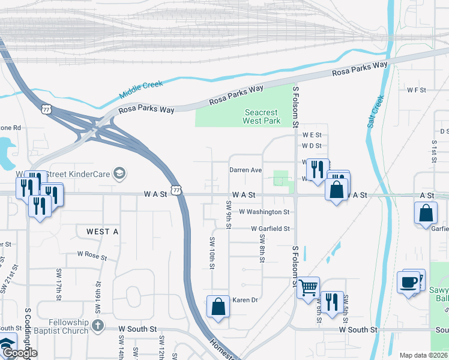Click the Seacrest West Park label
point(262,116)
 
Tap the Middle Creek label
point(141,89)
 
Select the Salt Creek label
point(375,111)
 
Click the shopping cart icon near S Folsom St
point(308,287)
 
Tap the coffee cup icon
point(408,281)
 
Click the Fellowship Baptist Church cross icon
point(97,325)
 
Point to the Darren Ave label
point(246,170)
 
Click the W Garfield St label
point(270,229)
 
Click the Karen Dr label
point(245,300)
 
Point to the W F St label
point(416,90)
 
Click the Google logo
point(20,353)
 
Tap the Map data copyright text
point(423,355)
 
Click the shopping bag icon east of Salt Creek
point(426,213)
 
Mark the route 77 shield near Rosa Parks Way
point(47,109)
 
